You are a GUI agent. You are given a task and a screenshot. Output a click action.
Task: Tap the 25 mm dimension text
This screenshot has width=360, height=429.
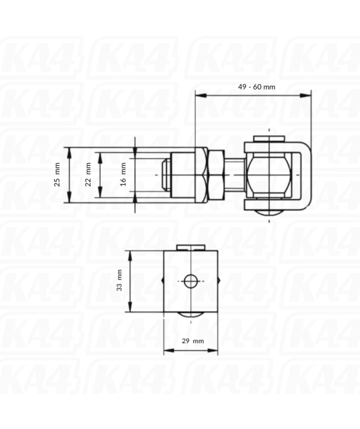pyautogui.click(x=58, y=174)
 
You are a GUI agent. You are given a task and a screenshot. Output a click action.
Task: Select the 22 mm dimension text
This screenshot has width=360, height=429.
pyautogui.click(x=88, y=175)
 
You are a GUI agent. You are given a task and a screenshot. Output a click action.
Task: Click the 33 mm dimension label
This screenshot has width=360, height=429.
pyautogui.click(x=120, y=282)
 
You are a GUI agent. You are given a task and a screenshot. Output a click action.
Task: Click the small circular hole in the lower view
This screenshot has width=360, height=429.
pyautogui.click(x=191, y=282)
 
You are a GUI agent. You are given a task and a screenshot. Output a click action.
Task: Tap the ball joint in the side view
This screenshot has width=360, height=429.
pyautogui.click(x=269, y=175)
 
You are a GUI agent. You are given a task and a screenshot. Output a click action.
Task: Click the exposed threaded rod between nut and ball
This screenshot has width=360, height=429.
pyautogui.click(x=234, y=175)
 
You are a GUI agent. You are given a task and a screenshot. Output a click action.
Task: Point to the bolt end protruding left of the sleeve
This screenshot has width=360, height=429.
pyautogui.click(x=163, y=175)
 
